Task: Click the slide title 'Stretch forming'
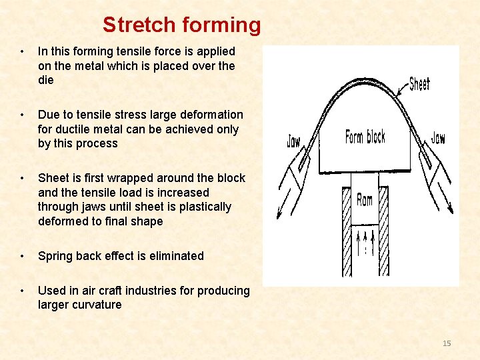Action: point(181,25)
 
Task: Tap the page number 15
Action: point(447,343)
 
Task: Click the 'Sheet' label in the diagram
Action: point(419,84)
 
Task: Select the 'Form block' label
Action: point(365,137)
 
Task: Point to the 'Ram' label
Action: point(365,199)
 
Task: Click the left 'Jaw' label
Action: point(293,141)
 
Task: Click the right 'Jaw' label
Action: point(438,138)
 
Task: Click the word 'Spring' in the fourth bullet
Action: point(55,256)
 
